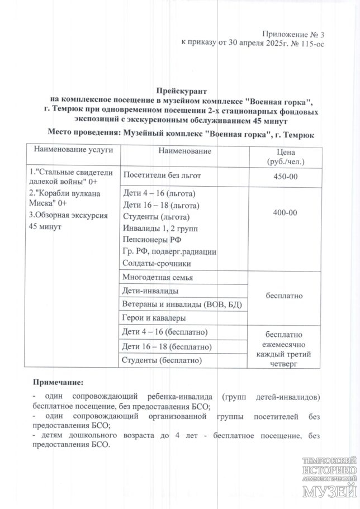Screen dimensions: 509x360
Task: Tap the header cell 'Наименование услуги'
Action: click(x=70, y=150)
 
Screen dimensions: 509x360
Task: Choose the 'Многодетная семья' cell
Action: click(x=157, y=278)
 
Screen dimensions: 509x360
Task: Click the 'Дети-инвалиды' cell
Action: click(x=150, y=291)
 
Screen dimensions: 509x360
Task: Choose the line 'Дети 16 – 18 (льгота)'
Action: click(x=159, y=205)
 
